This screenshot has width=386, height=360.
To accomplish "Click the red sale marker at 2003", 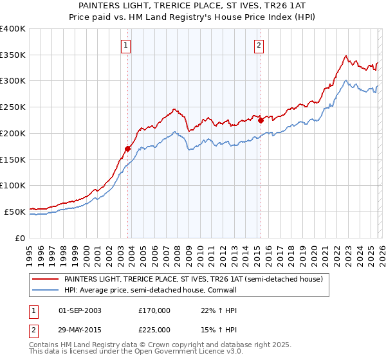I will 127,148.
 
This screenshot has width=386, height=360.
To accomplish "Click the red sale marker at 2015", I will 261,120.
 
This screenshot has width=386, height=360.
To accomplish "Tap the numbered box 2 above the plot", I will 258,45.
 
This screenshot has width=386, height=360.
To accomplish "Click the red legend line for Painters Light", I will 46,279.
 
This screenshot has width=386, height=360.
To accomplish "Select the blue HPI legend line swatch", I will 46,291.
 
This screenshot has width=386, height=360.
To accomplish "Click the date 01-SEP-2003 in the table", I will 80,310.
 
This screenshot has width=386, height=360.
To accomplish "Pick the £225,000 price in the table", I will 154,329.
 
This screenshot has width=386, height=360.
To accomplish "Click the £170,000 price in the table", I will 154,310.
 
